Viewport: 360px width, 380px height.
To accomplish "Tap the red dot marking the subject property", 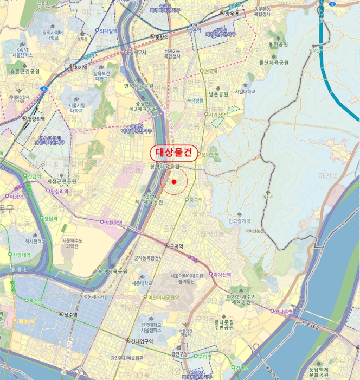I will click(x=174, y=182).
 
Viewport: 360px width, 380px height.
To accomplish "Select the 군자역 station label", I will click(x=174, y=245).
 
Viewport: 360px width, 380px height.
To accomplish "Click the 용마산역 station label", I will click(x=210, y=154).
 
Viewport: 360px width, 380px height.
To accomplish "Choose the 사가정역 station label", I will click(x=217, y=115).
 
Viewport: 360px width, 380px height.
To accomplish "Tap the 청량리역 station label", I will click(x=34, y=117).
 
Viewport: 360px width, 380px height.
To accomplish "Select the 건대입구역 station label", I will click(x=142, y=341).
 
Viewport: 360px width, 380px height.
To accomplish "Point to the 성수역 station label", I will click(x=70, y=315).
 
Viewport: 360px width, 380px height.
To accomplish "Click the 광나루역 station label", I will click(x=284, y=312).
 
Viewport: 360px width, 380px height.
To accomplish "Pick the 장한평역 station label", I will click(x=114, y=222).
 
